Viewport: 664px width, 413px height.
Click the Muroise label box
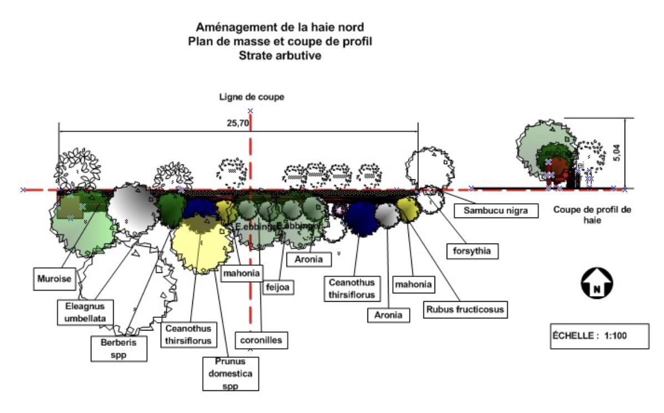(x=54, y=279)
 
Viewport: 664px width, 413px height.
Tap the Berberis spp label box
(x=119, y=348)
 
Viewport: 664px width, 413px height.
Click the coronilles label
(x=261, y=340)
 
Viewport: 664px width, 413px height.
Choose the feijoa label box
(x=278, y=288)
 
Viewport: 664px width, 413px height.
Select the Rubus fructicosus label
(x=465, y=309)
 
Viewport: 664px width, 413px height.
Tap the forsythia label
(x=472, y=250)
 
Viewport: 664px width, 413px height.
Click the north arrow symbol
(x=596, y=283)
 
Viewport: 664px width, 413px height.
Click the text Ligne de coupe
(x=251, y=97)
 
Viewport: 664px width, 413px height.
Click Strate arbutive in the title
(x=280, y=55)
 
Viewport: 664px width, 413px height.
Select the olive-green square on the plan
(x=70, y=206)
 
